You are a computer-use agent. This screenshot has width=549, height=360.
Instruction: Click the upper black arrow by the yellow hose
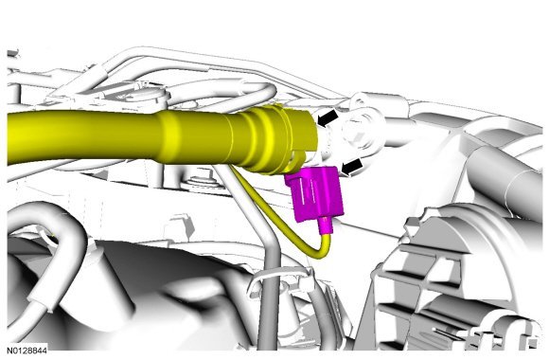(328, 118)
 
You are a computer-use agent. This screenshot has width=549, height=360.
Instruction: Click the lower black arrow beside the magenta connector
(352, 167)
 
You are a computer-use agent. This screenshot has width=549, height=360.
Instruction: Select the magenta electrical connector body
(313, 193)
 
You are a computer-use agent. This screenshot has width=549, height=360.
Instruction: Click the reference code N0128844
(27, 350)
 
